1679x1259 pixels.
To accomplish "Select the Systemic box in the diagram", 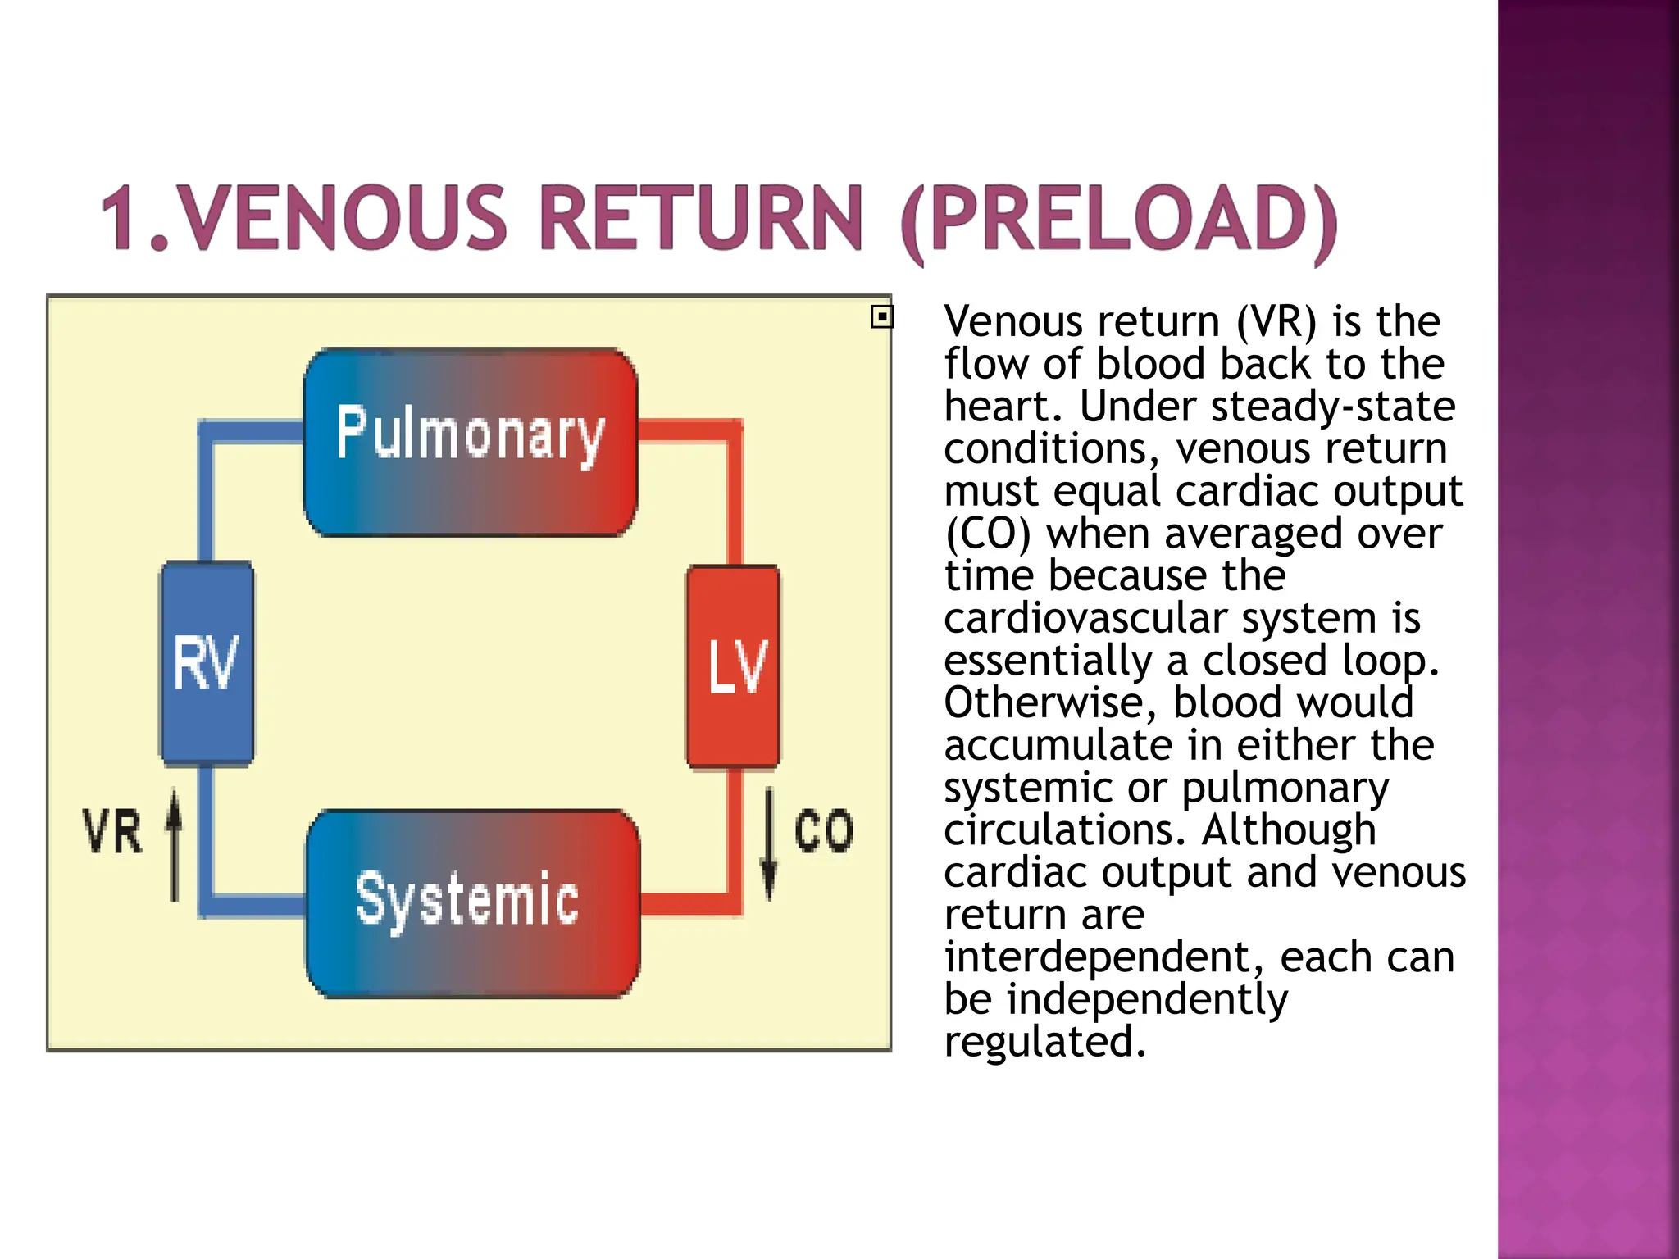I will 472,903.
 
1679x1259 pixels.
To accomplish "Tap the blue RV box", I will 207,663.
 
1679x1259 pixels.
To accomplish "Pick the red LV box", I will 734,666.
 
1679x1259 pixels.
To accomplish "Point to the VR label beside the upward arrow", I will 112,832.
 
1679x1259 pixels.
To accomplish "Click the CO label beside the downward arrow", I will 823,831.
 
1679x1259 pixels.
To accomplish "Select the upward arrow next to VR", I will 174,844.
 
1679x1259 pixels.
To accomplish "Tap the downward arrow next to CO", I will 769,844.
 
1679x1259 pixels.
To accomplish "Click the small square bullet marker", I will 882,316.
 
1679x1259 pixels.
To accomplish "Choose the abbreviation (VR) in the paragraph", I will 1276,321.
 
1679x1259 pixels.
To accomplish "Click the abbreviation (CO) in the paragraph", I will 987,534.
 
